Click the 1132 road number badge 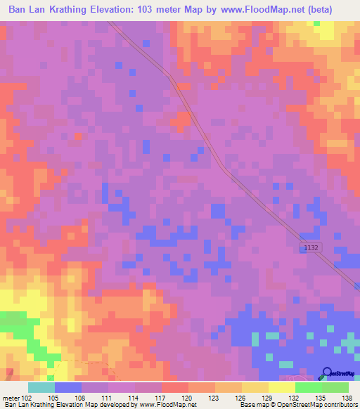point(312,248)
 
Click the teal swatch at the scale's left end point(41,387)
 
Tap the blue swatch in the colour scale point(67,387)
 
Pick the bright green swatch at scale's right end point(335,387)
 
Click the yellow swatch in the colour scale point(281,387)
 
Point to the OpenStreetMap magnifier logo point(327,373)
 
